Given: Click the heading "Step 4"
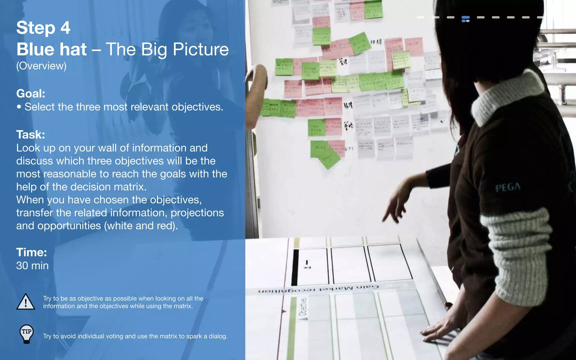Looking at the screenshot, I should [43, 28].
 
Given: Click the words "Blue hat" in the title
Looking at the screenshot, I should [51, 49].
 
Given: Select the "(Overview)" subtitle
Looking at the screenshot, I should [41, 66].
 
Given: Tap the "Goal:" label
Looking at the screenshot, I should [31, 94].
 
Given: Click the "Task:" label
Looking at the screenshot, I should [30, 135].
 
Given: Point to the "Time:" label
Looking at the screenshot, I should [31, 252].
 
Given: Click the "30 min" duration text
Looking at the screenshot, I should [32, 266].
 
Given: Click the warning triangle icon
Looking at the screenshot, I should [26, 302].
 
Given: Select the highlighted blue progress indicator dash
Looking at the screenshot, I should [465, 19].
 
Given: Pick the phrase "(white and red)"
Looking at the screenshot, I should [141, 226].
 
